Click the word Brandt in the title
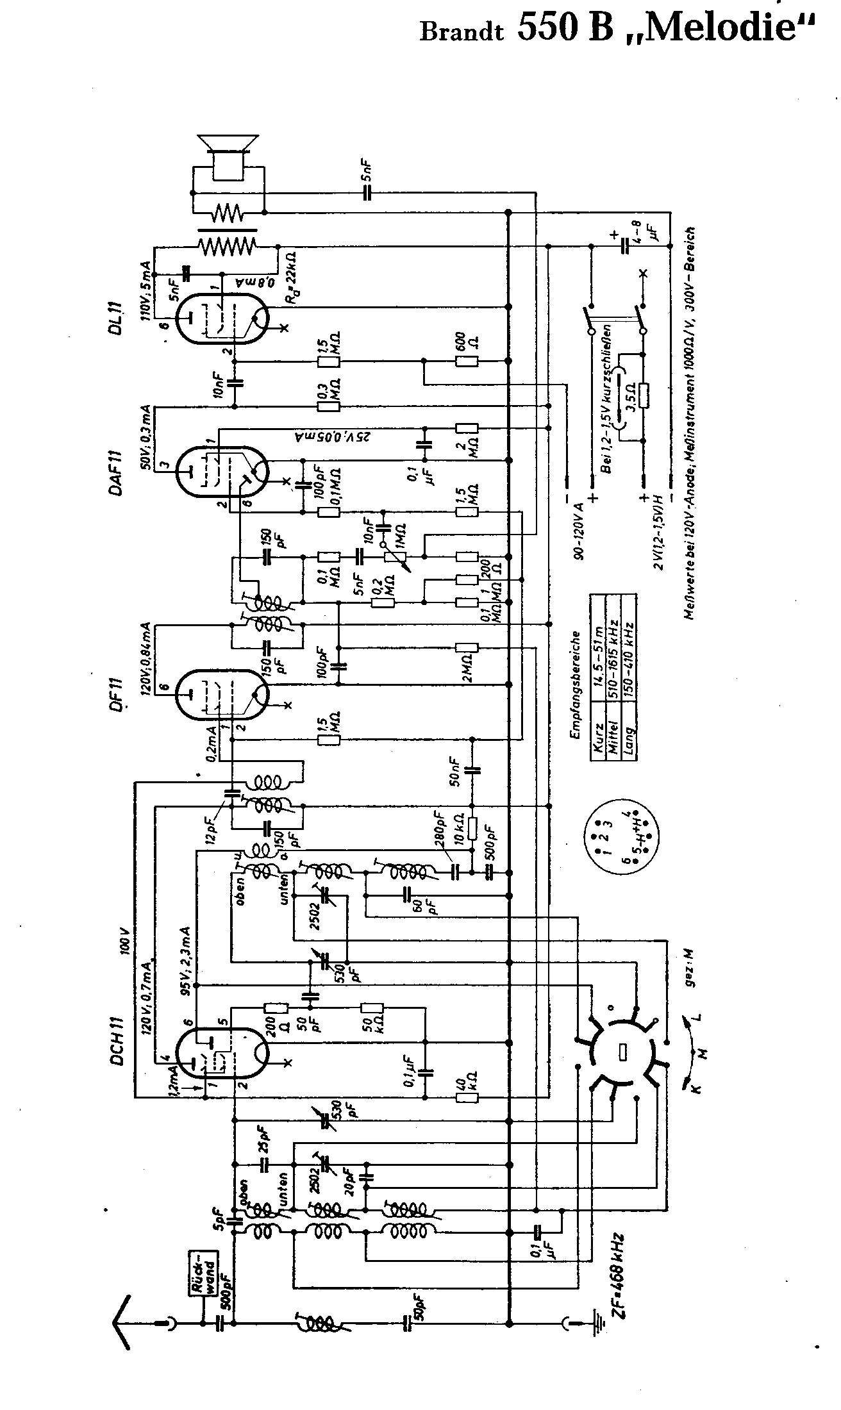[461, 33]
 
